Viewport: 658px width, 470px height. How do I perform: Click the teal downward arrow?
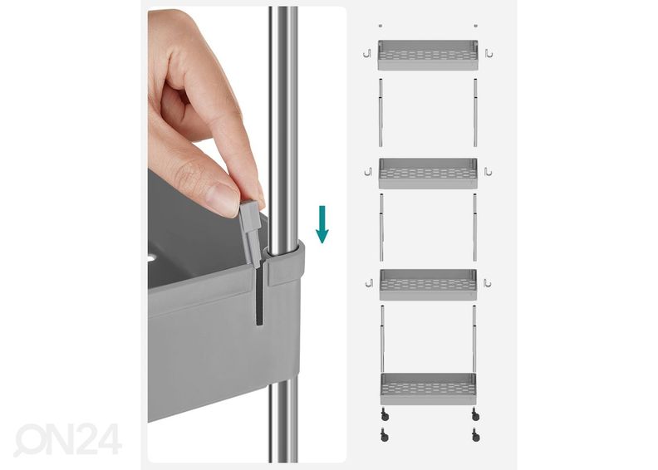pos(322,224)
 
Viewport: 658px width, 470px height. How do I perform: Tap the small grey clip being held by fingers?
pos(251,233)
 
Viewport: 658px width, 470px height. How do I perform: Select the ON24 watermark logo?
pos(68,440)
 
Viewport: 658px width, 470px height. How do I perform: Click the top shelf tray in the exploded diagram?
pos(428,55)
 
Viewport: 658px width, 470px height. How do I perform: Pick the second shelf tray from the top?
pos(428,174)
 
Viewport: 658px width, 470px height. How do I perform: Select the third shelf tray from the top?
pos(428,285)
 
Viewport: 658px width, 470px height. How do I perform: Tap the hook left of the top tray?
pos(367,54)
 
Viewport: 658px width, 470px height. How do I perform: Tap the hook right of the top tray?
pos(489,53)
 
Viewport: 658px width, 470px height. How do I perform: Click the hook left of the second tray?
pos(368,172)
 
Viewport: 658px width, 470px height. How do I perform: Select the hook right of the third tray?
pos(487,283)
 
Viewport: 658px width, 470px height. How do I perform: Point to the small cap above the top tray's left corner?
pos(381,26)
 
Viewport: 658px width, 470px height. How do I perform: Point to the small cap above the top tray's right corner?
pos(475,26)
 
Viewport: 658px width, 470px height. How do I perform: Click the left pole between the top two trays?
pos(381,112)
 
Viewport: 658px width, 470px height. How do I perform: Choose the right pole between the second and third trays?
pos(474,228)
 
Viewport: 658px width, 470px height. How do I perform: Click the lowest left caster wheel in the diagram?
pos(385,435)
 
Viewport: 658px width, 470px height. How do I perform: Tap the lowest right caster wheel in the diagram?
pos(475,435)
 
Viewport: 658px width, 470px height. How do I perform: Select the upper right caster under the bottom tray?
pos(475,414)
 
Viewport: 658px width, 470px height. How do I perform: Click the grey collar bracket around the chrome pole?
pos(284,264)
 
